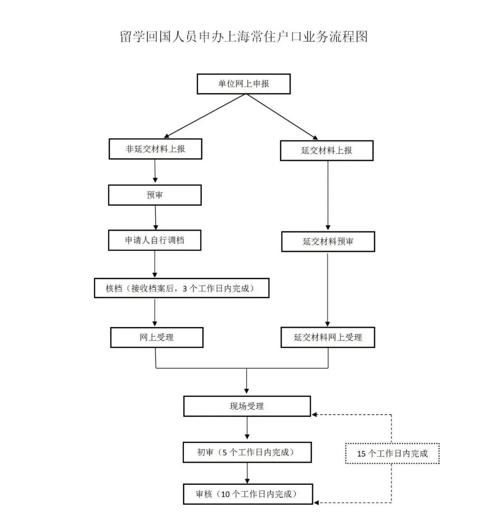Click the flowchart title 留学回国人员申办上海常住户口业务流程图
point(244,37)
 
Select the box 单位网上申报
point(244,84)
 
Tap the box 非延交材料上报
point(155,149)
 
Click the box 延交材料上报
point(327,150)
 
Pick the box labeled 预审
point(155,195)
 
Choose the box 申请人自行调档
point(154,240)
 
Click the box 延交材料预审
point(328,242)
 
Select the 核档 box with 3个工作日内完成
point(181,288)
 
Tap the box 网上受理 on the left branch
point(157,337)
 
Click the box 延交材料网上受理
point(328,337)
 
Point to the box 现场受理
point(247,406)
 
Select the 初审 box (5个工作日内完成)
point(247,452)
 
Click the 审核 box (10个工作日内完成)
point(247,494)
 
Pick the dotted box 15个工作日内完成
point(392,454)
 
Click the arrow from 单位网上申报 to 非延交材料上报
point(205,116)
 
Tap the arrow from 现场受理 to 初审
point(247,428)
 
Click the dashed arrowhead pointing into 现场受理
point(316,414)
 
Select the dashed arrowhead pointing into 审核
point(316,502)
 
